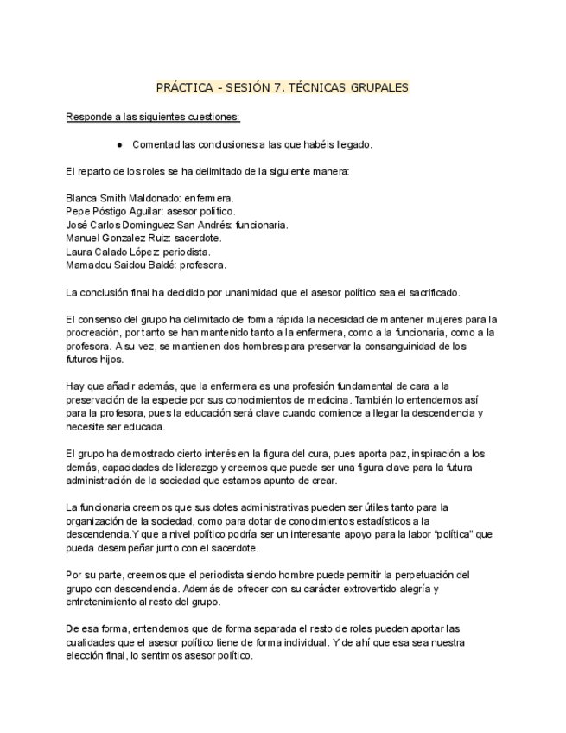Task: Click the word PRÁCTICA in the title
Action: coord(184,87)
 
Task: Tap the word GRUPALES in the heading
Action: coord(377,87)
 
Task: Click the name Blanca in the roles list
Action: coord(83,198)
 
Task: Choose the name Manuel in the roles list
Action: coord(85,238)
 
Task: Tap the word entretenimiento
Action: coord(105,601)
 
